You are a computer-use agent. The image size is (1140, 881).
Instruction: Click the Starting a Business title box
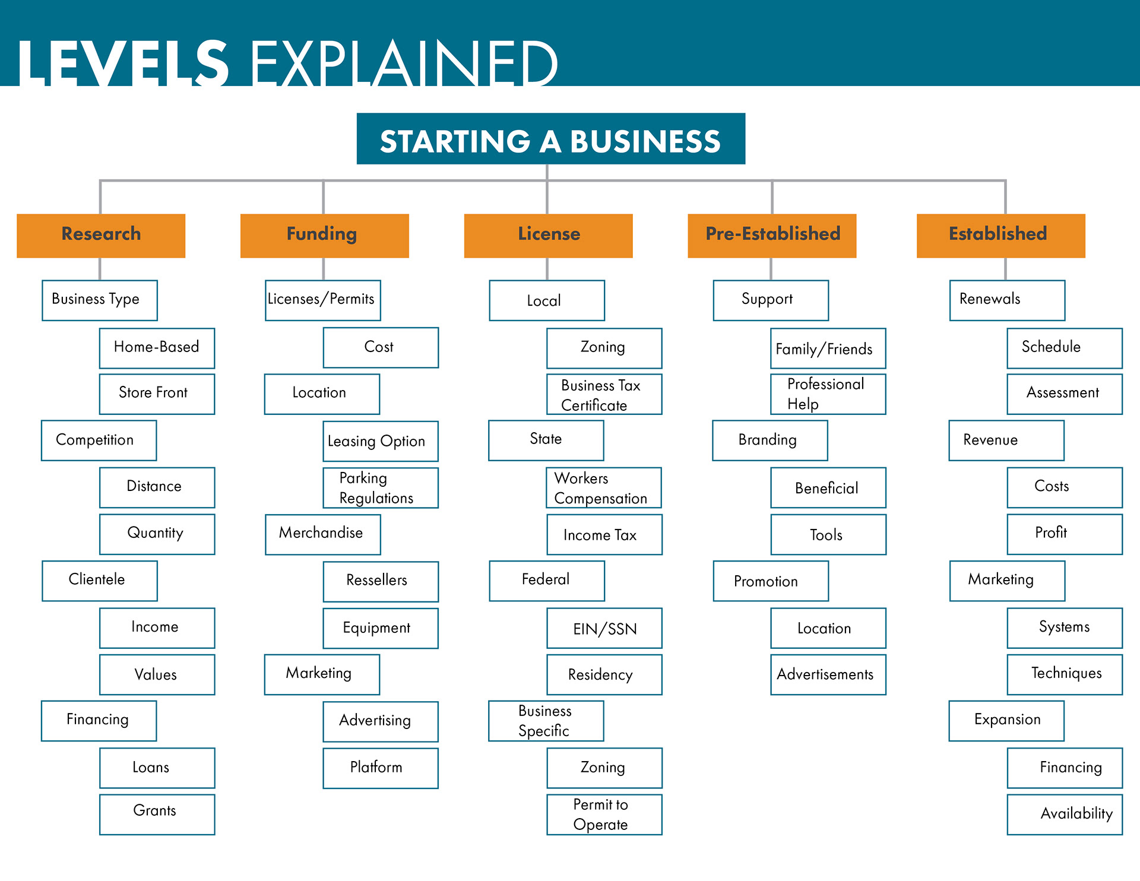(x=550, y=139)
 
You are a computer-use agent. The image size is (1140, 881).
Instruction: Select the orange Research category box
(x=101, y=236)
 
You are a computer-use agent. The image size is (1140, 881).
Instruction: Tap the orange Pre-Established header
(x=772, y=236)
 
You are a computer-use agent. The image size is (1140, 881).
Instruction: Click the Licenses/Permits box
(x=322, y=300)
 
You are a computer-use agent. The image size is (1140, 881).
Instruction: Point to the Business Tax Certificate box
(x=604, y=394)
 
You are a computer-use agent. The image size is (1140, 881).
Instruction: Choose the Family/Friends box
(x=828, y=348)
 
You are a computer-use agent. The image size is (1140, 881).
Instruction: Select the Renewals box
(x=1007, y=300)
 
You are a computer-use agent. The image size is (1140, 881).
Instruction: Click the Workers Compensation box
(x=603, y=488)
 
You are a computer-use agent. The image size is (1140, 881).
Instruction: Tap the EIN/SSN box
(x=604, y=628)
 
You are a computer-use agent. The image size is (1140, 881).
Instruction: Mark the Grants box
(x=157, y=815)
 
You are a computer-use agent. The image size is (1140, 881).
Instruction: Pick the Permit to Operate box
(x=604, y=815)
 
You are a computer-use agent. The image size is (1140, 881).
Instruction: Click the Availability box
(x=1064, y=815)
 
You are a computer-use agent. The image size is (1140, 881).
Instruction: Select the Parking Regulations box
(x=380, y=488)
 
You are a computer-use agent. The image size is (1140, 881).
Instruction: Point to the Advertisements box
(x=828, y=674)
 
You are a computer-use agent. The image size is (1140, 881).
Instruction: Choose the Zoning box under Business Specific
(x=604, y=768)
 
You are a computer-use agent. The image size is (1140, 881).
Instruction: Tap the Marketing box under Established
(x=1007, y=581)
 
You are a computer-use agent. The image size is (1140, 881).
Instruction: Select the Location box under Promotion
(x=828, y=628)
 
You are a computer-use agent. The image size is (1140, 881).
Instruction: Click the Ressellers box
(x=380, y=581)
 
